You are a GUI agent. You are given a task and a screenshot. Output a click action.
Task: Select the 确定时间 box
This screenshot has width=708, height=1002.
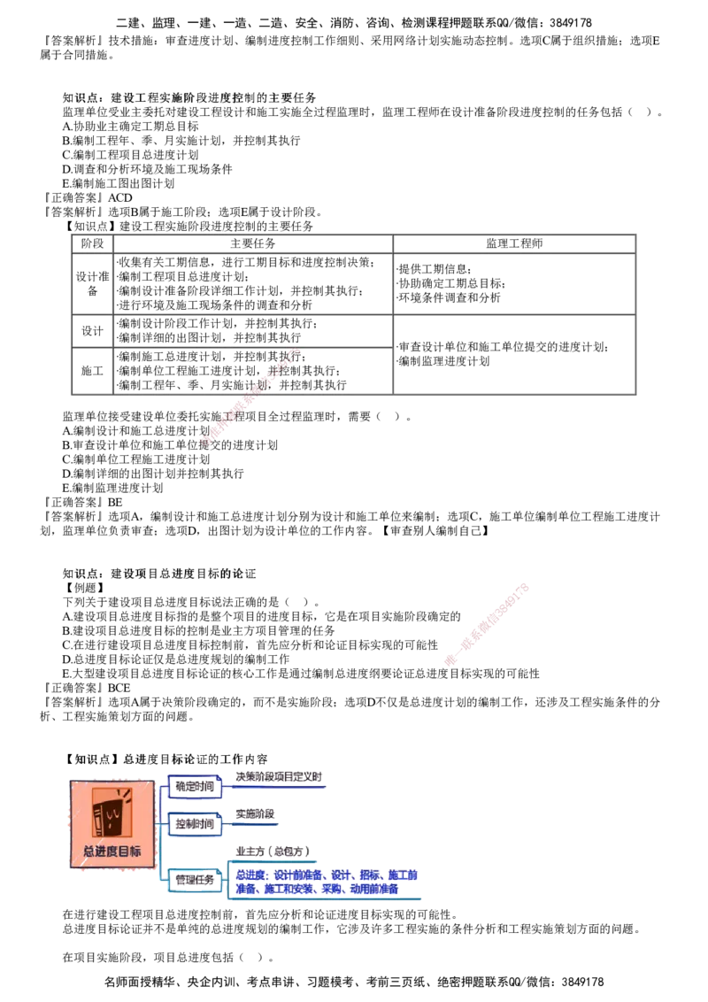195,785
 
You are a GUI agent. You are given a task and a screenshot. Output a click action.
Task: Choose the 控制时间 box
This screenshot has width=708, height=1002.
195,823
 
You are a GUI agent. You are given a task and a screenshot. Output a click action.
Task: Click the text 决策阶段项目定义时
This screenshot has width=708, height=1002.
279,777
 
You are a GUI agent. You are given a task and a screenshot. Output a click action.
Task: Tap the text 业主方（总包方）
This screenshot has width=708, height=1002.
273,852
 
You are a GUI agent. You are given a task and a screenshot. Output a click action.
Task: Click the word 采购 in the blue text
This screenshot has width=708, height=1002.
333,889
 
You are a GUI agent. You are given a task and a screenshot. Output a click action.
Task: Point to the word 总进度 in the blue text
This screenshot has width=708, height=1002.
249,875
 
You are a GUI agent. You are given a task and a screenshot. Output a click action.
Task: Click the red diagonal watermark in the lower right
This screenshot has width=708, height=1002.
488,623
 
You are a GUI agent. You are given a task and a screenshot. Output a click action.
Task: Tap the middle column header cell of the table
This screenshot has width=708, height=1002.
252,243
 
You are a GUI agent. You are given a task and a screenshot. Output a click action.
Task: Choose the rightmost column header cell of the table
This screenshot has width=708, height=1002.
514,243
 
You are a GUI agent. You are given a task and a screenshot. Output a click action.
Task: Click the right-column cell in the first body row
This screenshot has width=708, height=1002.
514,283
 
